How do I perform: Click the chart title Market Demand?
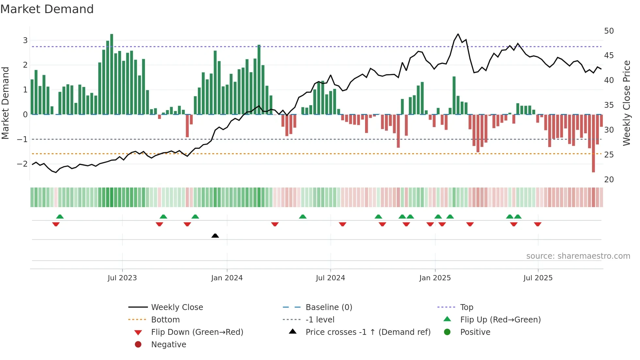[x=47, y=9]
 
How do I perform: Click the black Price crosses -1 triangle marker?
[x=215, y=236]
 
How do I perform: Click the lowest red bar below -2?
[x=593, y=144]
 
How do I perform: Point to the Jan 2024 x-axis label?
[x=227, y=278]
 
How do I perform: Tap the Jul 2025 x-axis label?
[x=538, y=278]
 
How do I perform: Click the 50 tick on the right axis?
[x=609, y=31]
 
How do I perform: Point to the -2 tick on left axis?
[x=22, y=164]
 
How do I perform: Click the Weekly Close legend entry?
[x=177, y=307]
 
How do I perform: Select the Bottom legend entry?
[x=165, y=320]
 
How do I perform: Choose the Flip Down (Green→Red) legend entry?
[x=197, y=332]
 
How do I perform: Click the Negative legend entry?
[x=168, y=345]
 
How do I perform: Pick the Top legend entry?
[x=466, y=307]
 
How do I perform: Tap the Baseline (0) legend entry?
[x=328, y=307]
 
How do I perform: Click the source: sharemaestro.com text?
[x=578, y=256]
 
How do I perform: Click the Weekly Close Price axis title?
[x=626, y=103]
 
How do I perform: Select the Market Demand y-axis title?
[x=6, y=103]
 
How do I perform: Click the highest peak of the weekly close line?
[x=458, y=34]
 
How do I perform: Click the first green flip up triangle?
[x=60, y=216]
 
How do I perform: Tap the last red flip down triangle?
[x=537, y=224]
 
